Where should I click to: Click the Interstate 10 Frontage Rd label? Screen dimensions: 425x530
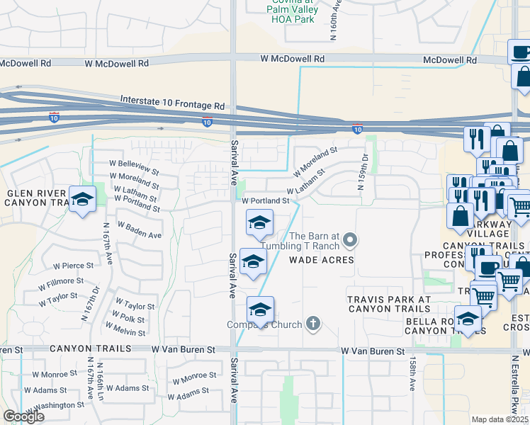coord(172,103)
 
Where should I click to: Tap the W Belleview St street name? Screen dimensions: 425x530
coord(134,168)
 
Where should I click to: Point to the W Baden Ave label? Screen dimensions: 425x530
coord(140,231)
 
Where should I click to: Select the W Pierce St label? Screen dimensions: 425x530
coord(74,266)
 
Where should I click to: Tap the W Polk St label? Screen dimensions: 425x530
coord(128,318)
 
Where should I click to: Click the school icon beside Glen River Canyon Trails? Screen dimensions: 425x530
coord(82,199)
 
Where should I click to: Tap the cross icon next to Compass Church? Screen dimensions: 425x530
coord(313,325)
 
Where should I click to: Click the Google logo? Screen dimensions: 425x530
coord(23,416)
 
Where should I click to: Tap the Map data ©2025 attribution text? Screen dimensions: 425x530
coord(500,419)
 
